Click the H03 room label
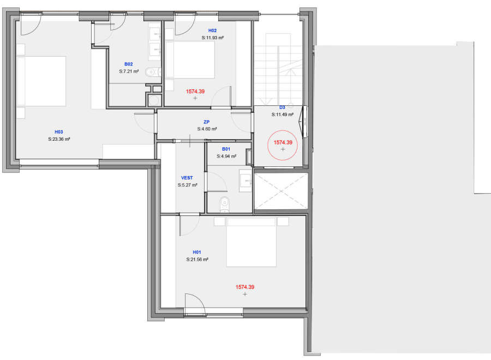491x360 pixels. click(59, 132)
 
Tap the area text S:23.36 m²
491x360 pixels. click(59, 139)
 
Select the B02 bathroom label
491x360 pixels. click(129, 64)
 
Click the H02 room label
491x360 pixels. click(212, 31)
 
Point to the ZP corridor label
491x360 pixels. click(206, 122)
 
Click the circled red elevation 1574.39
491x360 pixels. click(283, 142)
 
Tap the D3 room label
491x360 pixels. click(282, 107)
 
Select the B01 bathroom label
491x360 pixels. click(226, 149)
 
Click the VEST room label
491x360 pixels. click(187, 178)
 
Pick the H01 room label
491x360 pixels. click(197, 253)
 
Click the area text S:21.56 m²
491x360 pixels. click(197, 260)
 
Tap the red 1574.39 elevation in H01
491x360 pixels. click(245, 287)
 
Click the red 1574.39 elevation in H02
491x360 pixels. click(195, 92)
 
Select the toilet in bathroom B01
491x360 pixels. click(225, 204)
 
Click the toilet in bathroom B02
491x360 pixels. click(153, 73)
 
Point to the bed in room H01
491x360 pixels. click(251, 242)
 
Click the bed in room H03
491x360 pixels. click(41, 81)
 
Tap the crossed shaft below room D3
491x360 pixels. click(281, 191)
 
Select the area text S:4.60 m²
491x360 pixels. click(207, 129)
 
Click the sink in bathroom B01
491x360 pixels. click(245, 181)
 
